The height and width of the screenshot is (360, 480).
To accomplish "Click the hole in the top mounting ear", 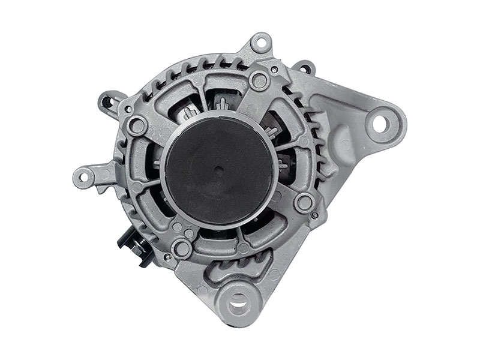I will click(260, 43).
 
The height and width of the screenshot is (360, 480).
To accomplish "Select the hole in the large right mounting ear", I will click(380, 123).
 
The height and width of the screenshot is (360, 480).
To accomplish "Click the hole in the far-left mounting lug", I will click(84, 176).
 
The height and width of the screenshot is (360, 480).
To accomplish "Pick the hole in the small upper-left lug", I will click(110, 101).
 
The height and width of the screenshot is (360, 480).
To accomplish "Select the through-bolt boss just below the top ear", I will click(259, 79).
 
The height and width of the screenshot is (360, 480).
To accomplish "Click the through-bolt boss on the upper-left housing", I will click(138, 126).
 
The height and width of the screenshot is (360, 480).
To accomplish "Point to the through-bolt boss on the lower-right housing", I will click(305, 202).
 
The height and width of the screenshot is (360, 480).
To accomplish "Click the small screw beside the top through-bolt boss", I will click(274, 70).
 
